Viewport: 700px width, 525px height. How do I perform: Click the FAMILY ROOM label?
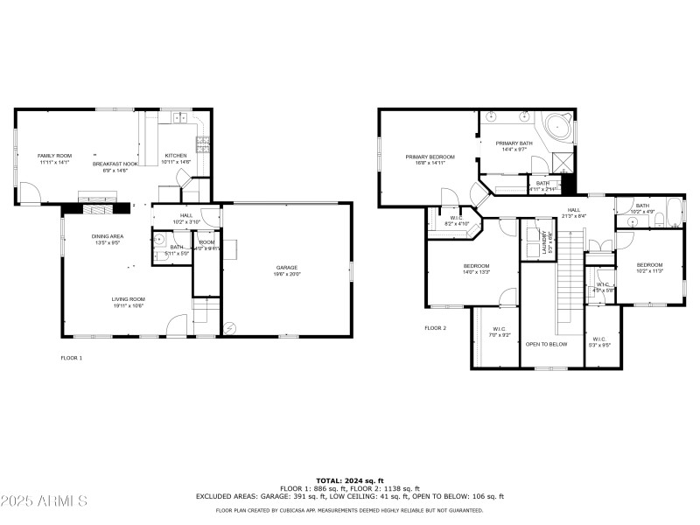pos(53,156)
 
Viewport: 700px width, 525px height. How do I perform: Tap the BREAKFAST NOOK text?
pos(115,164)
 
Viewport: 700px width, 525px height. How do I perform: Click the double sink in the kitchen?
pos(181,116)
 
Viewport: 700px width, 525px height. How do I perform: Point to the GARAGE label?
pos(287,268)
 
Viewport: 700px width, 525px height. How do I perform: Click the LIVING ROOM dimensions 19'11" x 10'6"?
pos(128,305)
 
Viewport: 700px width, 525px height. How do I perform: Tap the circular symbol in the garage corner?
pos(230,329)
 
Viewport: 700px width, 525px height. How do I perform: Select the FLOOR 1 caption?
pos(71,357)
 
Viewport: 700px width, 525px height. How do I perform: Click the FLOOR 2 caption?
pos(435,328)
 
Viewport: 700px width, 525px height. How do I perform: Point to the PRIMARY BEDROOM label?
pos(430,157)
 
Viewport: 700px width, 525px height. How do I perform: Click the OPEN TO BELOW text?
pos(546,344)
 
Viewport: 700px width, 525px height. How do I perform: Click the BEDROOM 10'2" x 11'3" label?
pos(649,264)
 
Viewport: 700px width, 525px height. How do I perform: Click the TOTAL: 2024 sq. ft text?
pos(350,481)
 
